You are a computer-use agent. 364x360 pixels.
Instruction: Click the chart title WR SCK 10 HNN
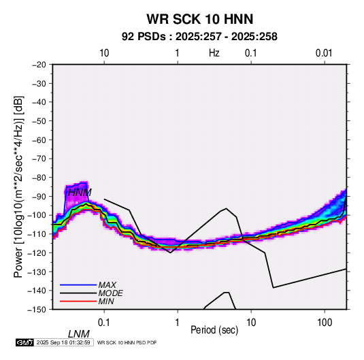(x=200, y=19)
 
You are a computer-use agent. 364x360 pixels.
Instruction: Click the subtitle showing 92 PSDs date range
(x=199, y=37)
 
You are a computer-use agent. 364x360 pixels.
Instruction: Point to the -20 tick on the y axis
(x=39, y=65)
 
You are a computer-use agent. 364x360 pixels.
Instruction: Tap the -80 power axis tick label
(x=39, y=178)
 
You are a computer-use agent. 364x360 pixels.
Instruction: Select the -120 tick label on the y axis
(x=37, y=252)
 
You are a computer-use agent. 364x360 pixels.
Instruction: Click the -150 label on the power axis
(x=37, y=310)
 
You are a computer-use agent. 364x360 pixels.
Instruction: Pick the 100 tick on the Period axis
(x=325, y=323)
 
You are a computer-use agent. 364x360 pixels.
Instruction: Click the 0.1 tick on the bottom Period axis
(x=104, y=323)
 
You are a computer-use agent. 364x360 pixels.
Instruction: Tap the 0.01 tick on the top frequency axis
(x=324, y=53)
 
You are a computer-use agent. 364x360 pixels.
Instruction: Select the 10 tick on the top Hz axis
(x=104, y=53)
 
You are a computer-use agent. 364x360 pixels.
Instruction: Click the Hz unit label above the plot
(x=214, y=53)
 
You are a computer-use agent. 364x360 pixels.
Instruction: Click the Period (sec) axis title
(x=214, y=330)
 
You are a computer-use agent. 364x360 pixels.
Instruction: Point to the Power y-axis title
(x=18, y=187)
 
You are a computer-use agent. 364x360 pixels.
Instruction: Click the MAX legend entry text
(x=107, y=285)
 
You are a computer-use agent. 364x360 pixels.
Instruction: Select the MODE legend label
(x=110, y=293)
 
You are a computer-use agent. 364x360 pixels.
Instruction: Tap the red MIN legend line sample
(x=78, y=301)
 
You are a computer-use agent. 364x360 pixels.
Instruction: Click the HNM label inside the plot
(x=80, y=193)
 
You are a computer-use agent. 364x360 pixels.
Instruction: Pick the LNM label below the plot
(x=78, y=334)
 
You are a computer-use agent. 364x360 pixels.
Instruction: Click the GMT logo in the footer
(x=25, y=342)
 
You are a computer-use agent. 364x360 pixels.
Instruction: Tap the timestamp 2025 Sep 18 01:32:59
(x=63, y=342)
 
